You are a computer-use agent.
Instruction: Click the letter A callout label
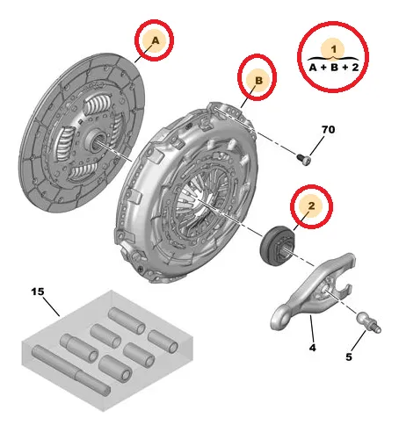(156, 40)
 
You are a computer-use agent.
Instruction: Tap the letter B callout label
(258, 80)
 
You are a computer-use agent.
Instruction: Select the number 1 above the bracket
(334, 49)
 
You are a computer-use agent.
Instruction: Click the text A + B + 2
(334, 68)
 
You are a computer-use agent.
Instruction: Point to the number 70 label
(328, 129)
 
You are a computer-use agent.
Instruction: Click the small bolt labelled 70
(303, 160)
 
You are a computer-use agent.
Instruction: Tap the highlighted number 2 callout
(311, 205)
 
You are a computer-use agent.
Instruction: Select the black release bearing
(278, 246)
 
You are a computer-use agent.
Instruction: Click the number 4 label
(313, 348)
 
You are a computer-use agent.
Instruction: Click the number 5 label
(349, 357)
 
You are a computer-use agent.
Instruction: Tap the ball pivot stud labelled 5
(368, 322)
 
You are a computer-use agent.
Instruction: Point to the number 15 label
(38, 292)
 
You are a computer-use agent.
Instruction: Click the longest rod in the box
(71, 371)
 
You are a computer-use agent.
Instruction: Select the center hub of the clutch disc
(96, 140)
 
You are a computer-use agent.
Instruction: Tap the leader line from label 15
(52, 306)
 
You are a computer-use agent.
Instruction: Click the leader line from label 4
(312, 328)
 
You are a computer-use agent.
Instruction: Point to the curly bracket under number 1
(333, 58)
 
